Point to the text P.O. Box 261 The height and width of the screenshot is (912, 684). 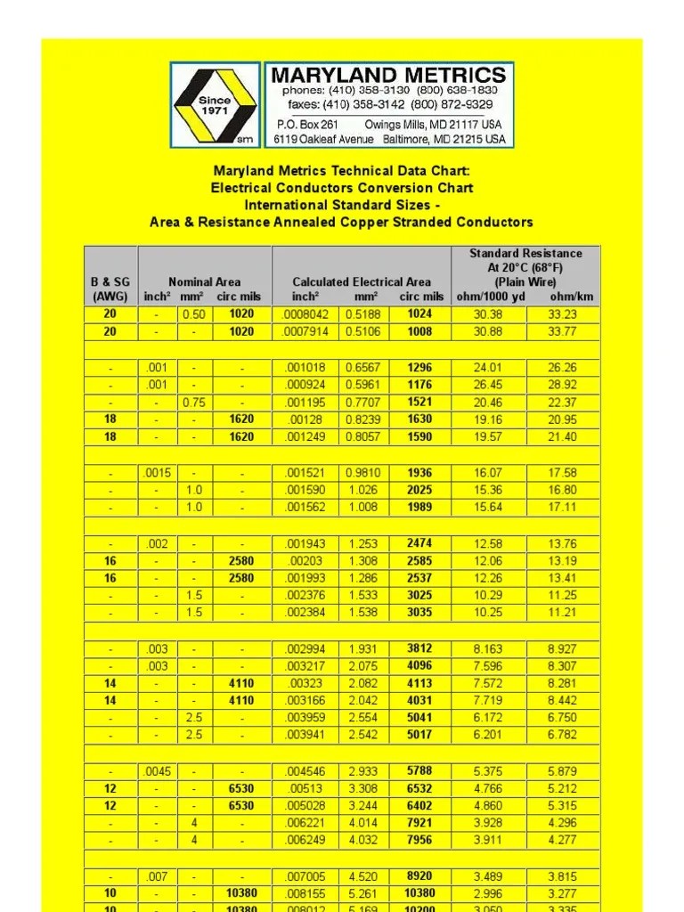(x=307, y=125)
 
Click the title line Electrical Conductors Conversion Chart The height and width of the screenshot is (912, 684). (x=342, y=188)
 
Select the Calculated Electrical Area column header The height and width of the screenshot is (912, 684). (x=362, y=282)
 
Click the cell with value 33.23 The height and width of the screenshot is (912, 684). (x=563, y=314)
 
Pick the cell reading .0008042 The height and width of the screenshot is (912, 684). (x=305, y=314)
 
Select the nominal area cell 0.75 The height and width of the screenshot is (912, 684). (x=193, y=403)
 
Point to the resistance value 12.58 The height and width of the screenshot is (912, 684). (x=488, y=543)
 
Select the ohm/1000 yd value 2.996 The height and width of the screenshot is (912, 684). (x=488, y=893)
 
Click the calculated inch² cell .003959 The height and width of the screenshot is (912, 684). (x=305, y=718)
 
